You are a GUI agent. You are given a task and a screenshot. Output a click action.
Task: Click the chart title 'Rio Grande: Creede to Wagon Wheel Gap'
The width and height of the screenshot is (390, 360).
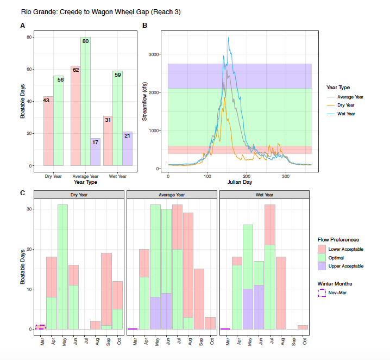pos(93,11)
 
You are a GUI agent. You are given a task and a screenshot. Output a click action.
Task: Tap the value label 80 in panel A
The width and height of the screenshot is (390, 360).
pos(85,41)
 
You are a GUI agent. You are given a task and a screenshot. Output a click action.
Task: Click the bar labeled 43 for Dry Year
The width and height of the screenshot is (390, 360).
pos(48,131)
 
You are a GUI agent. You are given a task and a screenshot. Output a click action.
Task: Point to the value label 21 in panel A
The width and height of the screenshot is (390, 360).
pos(127,135)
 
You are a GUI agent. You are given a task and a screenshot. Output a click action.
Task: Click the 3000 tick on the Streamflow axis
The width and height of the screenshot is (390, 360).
pos(154,54)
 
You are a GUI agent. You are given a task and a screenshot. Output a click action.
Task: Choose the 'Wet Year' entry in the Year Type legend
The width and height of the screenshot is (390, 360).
pos(346,114)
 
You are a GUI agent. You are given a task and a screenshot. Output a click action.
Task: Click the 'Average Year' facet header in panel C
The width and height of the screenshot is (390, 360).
pos(172,194)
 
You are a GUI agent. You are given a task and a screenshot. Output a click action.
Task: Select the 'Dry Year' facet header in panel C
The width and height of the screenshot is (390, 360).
pos(79,194)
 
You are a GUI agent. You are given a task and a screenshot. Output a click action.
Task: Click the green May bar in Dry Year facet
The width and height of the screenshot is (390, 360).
pos(62,266)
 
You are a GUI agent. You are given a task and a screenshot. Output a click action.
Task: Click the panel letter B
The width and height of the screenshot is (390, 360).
pos(144,26)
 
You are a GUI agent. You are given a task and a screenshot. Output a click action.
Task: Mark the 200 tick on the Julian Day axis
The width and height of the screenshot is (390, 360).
pos(247,176)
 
